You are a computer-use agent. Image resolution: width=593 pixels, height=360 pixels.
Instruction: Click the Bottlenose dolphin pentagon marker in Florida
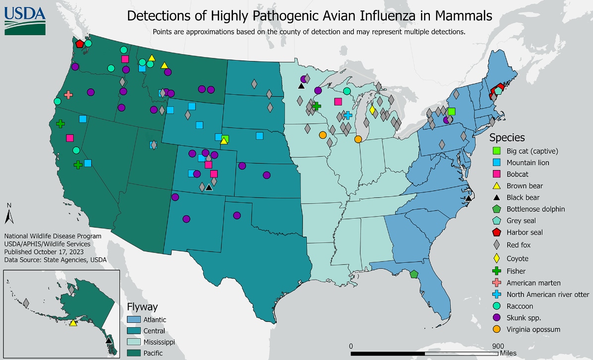[414, 274]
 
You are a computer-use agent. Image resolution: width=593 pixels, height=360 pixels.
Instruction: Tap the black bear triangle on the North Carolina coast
[469, 198]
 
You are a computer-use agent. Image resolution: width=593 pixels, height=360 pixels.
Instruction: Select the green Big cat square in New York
[451, 112]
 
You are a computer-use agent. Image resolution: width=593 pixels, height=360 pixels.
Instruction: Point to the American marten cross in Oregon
[68, 95]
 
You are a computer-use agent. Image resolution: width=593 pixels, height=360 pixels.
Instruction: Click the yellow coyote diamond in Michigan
[372, 110]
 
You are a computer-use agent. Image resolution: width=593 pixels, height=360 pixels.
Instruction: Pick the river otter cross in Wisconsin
[348, 115]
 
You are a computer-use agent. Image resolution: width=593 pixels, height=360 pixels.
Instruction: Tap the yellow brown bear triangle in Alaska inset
[73, 323]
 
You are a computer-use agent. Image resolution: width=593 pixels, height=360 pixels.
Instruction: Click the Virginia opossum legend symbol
[496, 329]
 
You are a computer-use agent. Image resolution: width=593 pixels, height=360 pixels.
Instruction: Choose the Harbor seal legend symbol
[496, 232]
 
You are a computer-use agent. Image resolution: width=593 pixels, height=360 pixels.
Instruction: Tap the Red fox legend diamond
[496, 244]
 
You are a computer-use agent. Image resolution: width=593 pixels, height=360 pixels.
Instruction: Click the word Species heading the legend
[507, 137]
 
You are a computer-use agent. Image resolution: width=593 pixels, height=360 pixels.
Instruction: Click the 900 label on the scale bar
[498, 346]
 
